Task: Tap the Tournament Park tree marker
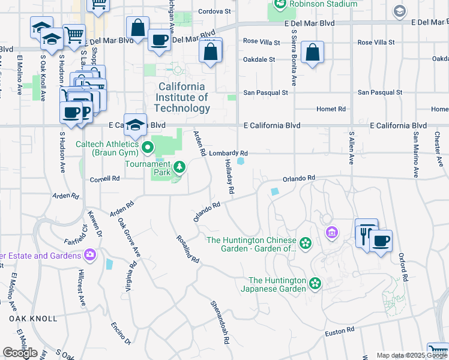tap(178, 166)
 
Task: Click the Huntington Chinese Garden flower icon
tap(306, 242)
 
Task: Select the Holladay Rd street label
tap(229, 176)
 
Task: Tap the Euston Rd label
tap(340, 331)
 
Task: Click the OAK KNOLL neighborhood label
tap(34, 318)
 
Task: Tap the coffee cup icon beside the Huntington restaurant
tap(381, 241)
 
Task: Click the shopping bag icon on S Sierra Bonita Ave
tap(313, 53)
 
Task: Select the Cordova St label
tap(214, 11)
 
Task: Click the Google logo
tap(20, 353)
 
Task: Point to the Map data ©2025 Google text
tap(411, 355)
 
